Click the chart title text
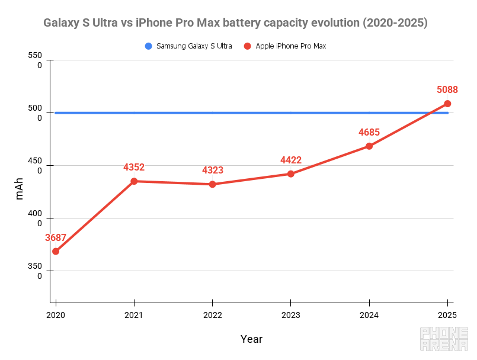[235, 23]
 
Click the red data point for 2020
[56, 252]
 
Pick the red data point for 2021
[134, 181]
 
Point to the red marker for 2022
[212, 184]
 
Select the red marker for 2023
[290, 174]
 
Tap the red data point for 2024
[369, 146]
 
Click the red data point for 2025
[447, 104]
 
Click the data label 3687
[56, 238]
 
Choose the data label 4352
[134, 168]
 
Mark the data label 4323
[213, 171]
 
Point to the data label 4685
[369, 133]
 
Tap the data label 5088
[447, 90]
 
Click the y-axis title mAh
[20, 188]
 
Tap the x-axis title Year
[251, 339]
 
